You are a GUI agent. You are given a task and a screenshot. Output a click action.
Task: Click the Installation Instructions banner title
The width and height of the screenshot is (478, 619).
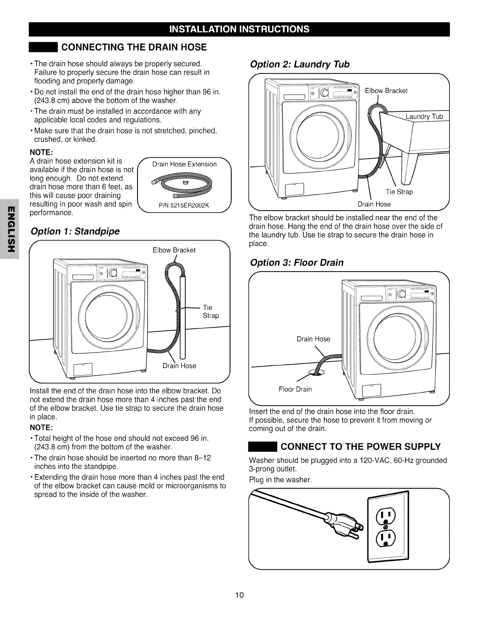[x=239, y=29]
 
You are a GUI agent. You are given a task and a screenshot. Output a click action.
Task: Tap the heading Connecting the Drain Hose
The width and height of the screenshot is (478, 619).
[x=134, y=47]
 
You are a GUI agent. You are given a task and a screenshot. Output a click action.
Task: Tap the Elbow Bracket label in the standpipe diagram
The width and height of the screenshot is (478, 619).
[x=174, y=250]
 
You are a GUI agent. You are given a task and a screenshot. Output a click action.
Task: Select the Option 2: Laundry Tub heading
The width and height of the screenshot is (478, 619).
[x=300, y=64]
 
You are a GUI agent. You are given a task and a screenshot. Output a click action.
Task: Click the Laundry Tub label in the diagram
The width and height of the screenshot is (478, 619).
[x=424, y=116]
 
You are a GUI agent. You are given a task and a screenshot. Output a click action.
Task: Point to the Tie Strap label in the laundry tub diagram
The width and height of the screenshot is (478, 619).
[x=399, y=192]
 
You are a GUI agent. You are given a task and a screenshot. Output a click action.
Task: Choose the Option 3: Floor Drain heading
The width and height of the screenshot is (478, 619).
[x=297, y=262]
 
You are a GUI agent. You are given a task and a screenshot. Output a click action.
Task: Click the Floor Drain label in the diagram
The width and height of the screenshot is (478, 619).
[x=295, y=389]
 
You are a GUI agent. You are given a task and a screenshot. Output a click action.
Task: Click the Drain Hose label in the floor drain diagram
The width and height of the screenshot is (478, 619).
[x=313, y=339]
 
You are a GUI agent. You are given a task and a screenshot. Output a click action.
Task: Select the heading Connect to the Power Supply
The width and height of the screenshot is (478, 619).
[x=361, y=446]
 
